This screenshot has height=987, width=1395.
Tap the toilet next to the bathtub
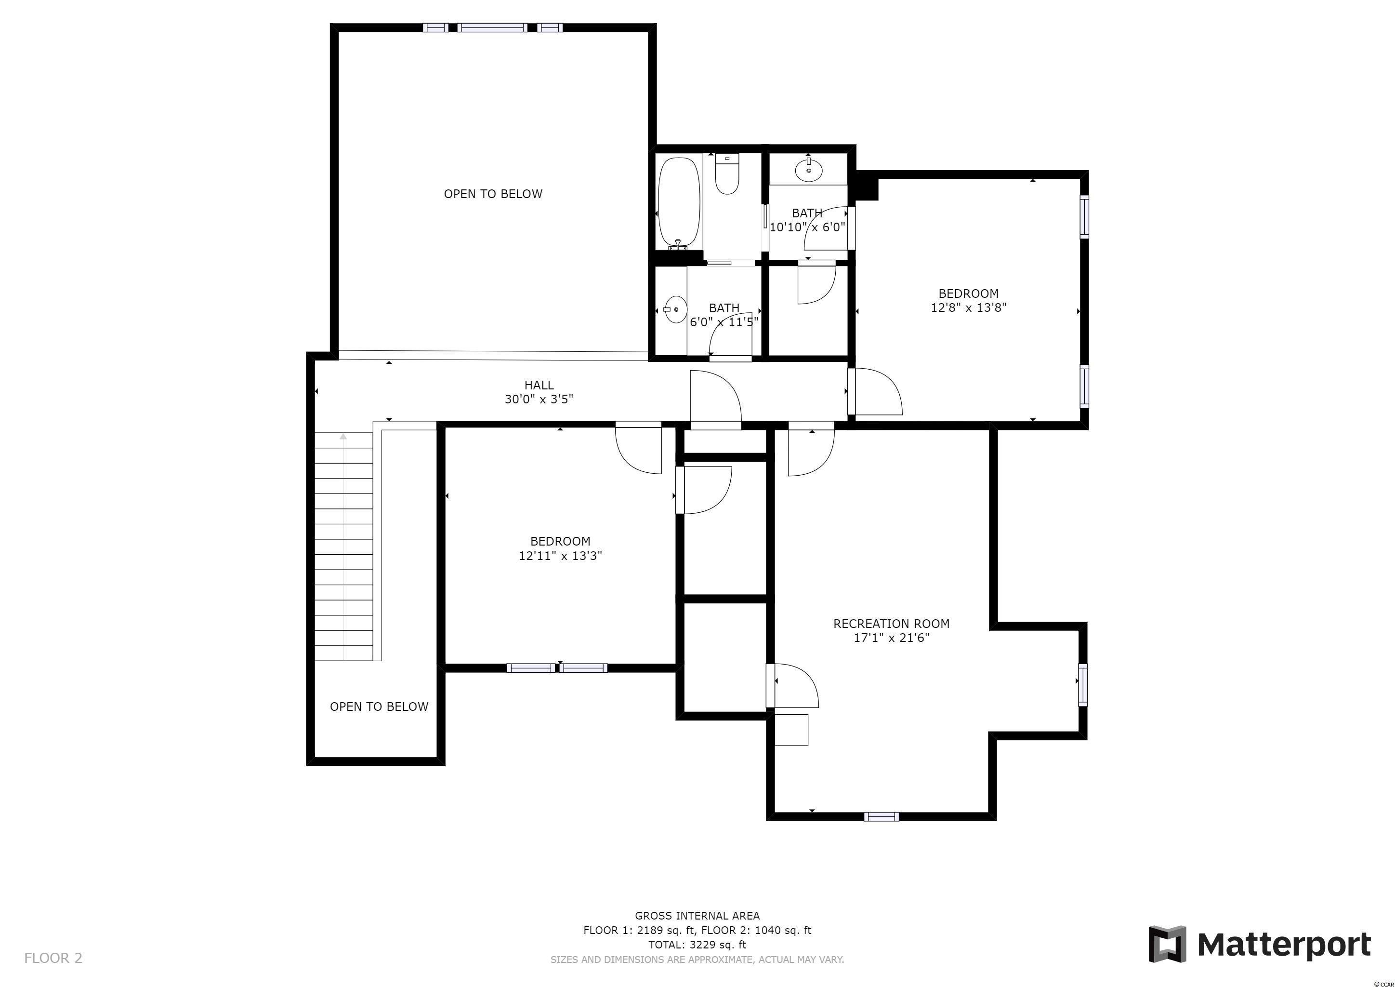[727, 174]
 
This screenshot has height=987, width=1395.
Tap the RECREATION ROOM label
[891, 624]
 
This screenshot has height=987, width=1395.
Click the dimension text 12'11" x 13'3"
[560, 556]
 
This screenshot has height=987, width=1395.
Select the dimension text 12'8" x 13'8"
[969, 307]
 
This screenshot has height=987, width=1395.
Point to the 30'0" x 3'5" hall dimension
[539, 400]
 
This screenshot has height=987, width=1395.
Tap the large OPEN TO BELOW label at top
[493, 194]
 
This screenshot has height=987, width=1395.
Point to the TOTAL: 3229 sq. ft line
[697, 945]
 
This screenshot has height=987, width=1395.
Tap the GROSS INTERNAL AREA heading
[697, 915]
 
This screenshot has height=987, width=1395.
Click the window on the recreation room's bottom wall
[882, 816]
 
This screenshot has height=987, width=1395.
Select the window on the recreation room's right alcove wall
[1083, 685]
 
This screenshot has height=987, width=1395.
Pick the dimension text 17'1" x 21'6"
[891, 638]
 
